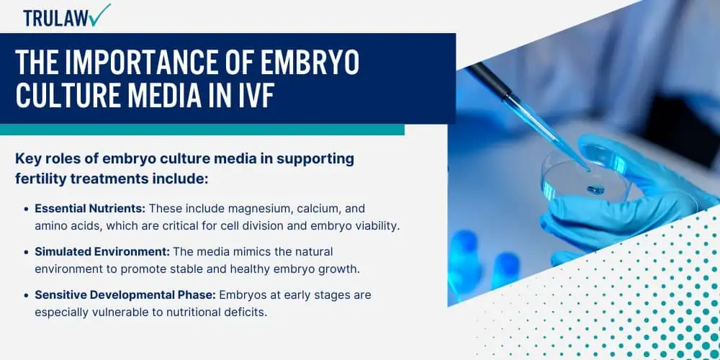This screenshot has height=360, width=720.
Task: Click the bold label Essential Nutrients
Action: pos(90,208)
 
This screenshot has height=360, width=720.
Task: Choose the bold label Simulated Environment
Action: pos(101,252)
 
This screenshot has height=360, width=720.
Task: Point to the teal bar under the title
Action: pos(202,129)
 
